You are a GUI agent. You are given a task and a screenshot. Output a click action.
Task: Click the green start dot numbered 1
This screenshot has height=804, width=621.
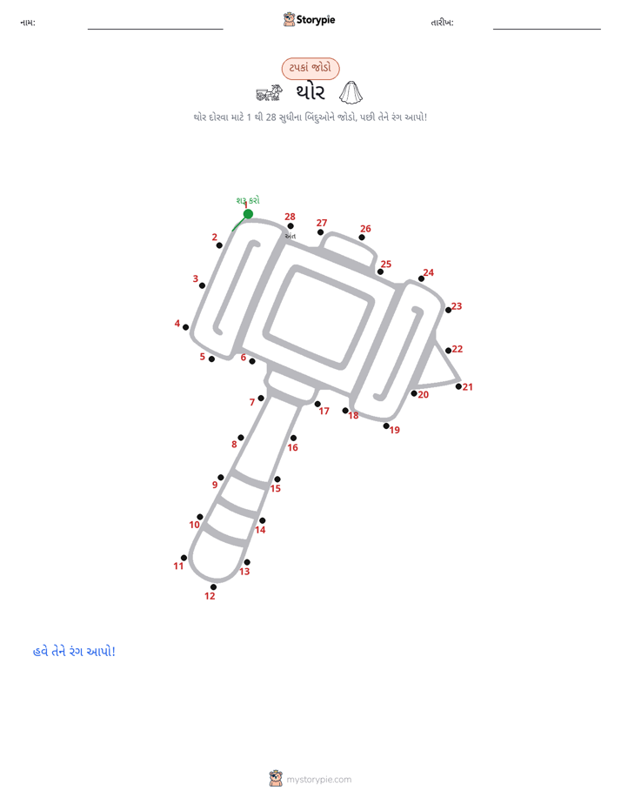point(248,214)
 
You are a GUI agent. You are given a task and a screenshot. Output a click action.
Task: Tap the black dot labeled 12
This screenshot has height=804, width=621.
point(213,587)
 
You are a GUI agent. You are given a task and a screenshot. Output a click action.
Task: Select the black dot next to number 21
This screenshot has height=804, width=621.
point(458,386)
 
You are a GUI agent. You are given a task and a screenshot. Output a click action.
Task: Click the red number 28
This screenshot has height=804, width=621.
point(290,217)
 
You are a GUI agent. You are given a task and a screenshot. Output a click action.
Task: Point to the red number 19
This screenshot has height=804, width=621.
point(395,430)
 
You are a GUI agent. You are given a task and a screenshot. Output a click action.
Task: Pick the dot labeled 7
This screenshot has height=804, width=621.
point(261,398)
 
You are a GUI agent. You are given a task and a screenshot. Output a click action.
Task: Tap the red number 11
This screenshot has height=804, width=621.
point(178,566)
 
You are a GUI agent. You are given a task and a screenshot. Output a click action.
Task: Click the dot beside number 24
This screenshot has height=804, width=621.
point(421,278)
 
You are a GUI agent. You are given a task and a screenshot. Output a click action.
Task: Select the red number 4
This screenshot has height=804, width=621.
point(177,324)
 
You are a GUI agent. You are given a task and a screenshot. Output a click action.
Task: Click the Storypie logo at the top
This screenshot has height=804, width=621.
point(309,19)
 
